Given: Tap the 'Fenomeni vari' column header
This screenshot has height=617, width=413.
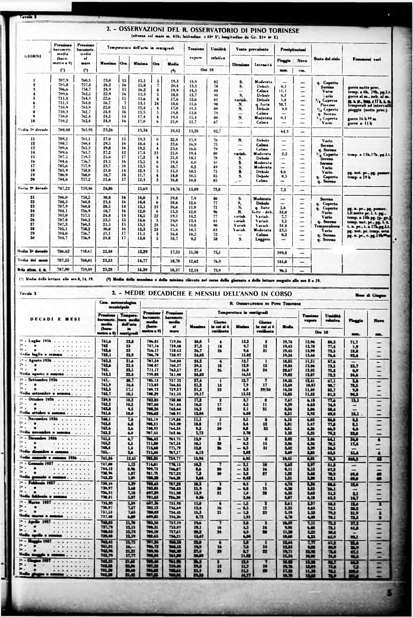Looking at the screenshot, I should (x=367, y=59).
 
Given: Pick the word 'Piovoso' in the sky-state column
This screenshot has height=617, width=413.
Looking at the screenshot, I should (x=327, y=105).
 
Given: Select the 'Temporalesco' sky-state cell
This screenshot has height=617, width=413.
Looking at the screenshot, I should (x=326, y=226).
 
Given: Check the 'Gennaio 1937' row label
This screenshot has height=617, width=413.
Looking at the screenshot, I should (x=40, y=463).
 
